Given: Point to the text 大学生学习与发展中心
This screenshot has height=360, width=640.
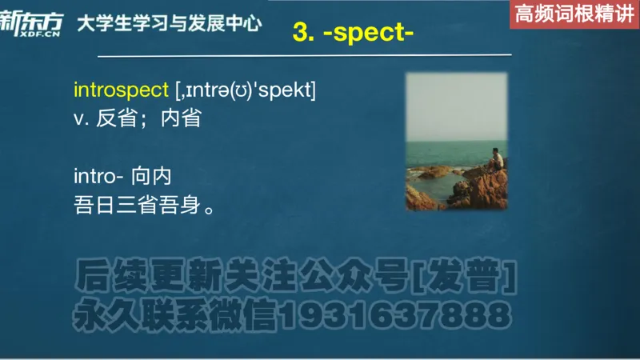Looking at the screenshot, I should (169, 23).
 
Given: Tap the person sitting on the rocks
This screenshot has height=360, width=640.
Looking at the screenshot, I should (497, 159).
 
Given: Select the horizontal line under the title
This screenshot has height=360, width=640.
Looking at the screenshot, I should (304, 56).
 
